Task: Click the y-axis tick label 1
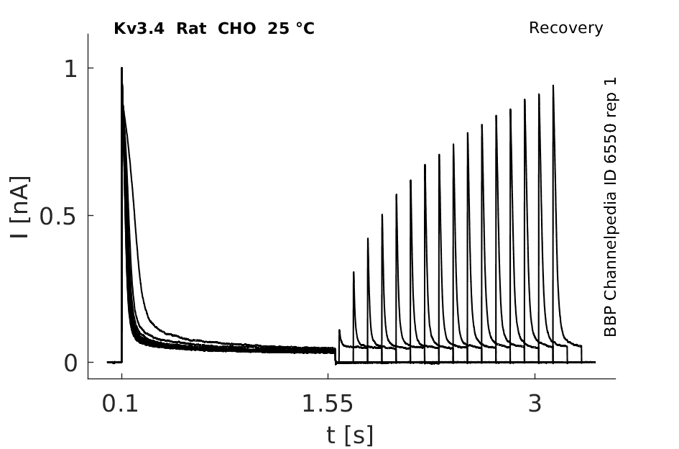[x=71, y=69]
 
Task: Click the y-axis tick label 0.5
[x=58, y=216]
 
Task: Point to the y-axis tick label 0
[x=70, y=363]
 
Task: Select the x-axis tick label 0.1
[x=120, y=404]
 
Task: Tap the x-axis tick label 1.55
[x=328, y=404]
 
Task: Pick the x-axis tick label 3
[x=535, y=404]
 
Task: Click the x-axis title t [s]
[x=349, y=435]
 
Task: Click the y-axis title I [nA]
[x=19, y=207]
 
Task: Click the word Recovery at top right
[x=565, y=28]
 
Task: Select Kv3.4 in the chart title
[x=139, y=29]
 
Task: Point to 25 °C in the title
[x=291, y=29]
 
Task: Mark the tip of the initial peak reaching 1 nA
[x=121, y=68]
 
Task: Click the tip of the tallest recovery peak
[x=553, y=86]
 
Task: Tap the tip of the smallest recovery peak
[x=339, y=330]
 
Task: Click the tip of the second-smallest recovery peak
[x=354, y=272]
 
